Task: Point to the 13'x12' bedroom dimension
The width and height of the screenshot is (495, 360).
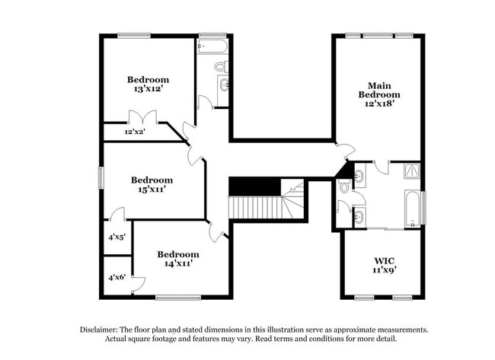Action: point(148,89)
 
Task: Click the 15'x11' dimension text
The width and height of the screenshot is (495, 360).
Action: point(152,190)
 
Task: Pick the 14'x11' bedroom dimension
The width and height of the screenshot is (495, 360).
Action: point(178,263)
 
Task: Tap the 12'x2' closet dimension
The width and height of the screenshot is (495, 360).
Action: point(135,132)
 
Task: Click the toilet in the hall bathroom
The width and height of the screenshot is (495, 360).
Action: point(220,67)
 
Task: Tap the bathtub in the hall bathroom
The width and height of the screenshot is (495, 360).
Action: point(213,47)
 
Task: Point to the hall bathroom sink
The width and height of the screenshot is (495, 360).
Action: point(224,84)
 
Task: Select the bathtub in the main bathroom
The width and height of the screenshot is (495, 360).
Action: point(412,209)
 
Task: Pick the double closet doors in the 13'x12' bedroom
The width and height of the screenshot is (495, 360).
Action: point(142,118)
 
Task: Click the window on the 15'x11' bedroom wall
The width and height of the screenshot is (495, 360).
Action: point(101,177)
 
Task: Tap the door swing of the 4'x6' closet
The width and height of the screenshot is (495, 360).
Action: point(137,285)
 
